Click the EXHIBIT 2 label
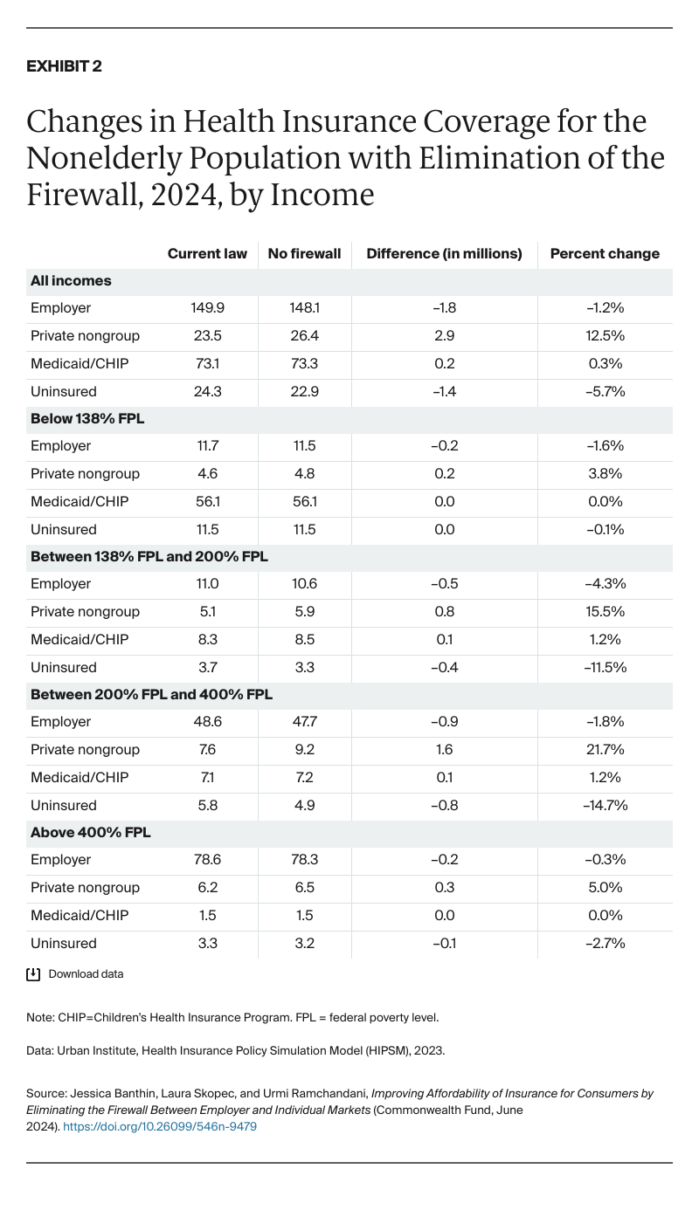[x=65, y=66]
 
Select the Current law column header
[x=207, y=254]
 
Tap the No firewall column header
[x=304, y=254]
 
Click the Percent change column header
[x=605, y=254]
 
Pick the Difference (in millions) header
[x=444, y=254]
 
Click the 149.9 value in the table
[x=207, y=308]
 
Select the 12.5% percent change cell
[x=605, y=336]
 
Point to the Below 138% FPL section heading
[x=87, y=418]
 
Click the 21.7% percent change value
[x=605, y=750]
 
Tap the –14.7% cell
[x=605, y=805]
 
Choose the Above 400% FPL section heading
[x=91, y=832]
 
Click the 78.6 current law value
[x=207, y=860]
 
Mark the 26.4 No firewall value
[x=304, y=336]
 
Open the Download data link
[x=86, y=974]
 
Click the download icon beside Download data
[x=34, y=974]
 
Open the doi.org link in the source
[x=160, y=1126]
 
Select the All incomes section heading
[x=71, y=281]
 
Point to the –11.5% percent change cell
[x=605, y=668]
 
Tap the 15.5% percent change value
[x=605, y=612]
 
